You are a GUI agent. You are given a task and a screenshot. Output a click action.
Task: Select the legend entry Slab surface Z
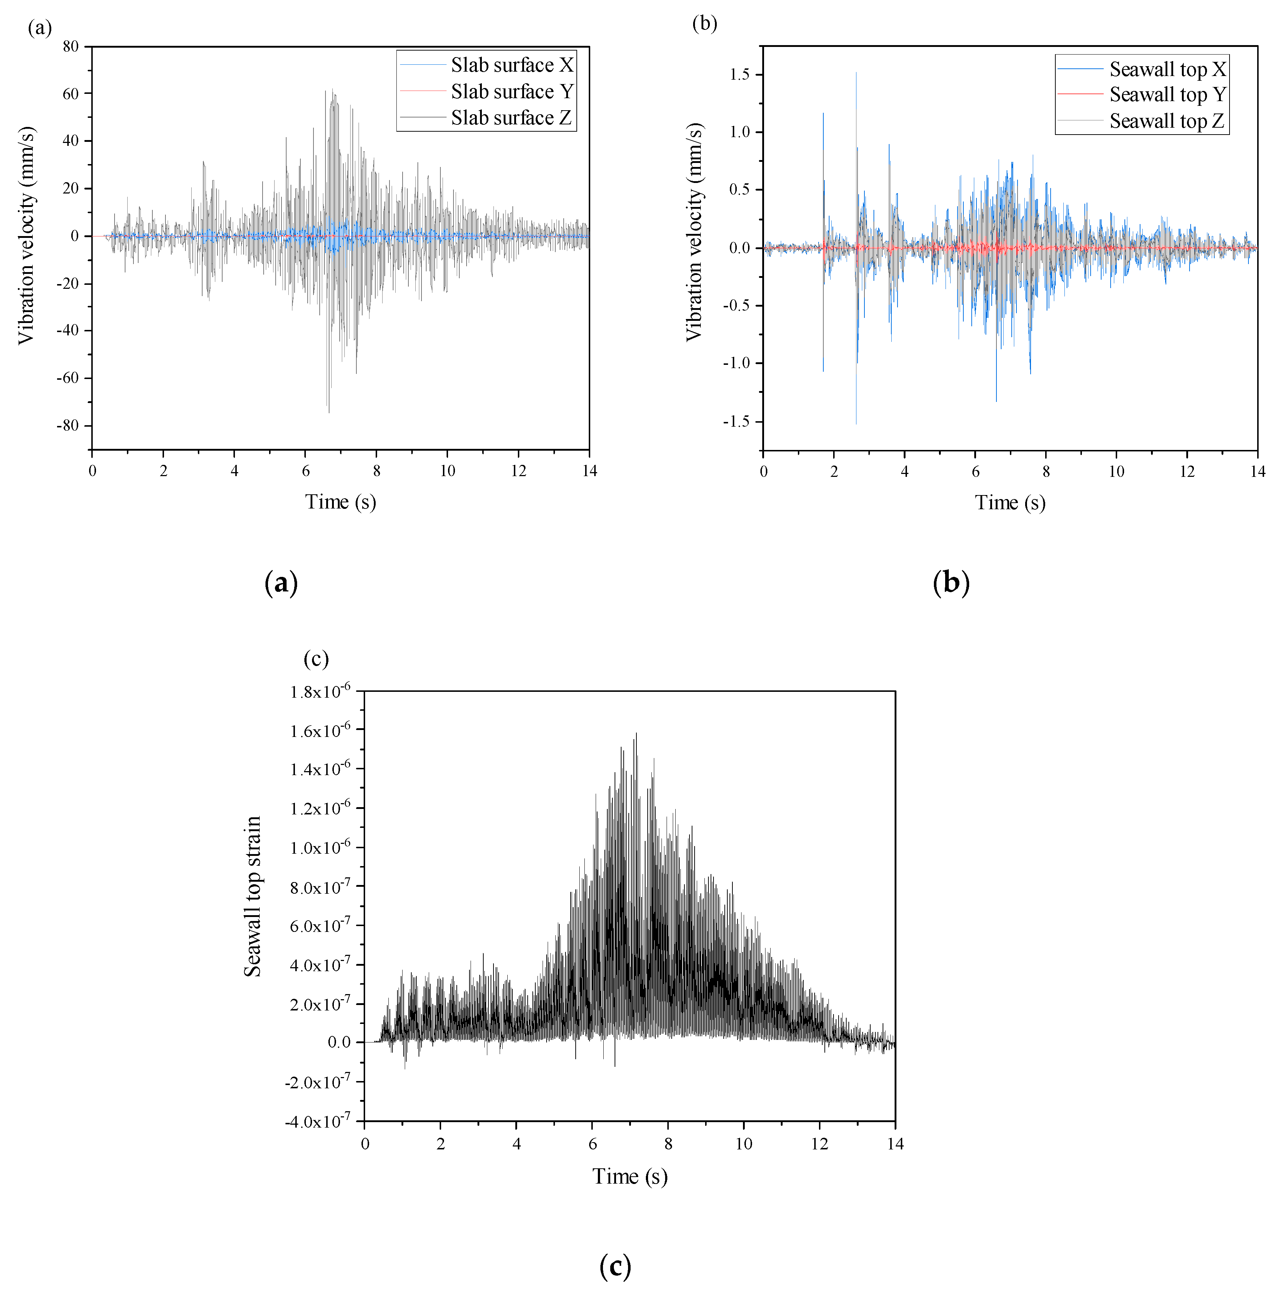pos(511,118)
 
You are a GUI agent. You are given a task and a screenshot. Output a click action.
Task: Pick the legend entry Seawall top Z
pos(1167,121)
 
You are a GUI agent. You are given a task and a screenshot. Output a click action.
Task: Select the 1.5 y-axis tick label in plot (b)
pos(739,74)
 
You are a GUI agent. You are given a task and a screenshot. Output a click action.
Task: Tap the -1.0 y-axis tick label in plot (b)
pos(737,363)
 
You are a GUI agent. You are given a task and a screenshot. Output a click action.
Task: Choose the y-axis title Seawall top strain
pos(253,897)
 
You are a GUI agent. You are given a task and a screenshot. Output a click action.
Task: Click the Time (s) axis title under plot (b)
pos(1010,503)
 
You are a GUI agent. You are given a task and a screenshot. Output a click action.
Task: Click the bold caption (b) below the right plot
pos(950,583)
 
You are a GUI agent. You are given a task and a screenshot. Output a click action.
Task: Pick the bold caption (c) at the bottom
pos(615,1266)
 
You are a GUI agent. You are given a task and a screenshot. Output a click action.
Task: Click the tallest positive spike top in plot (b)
pos(856,73)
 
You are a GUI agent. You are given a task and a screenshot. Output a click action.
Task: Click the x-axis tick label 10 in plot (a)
pos(447,471)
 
